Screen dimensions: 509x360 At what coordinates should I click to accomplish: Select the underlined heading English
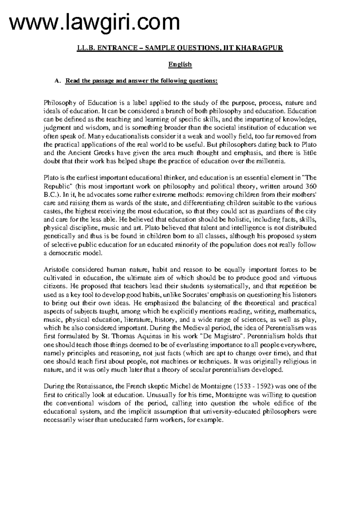pos(180,64)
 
